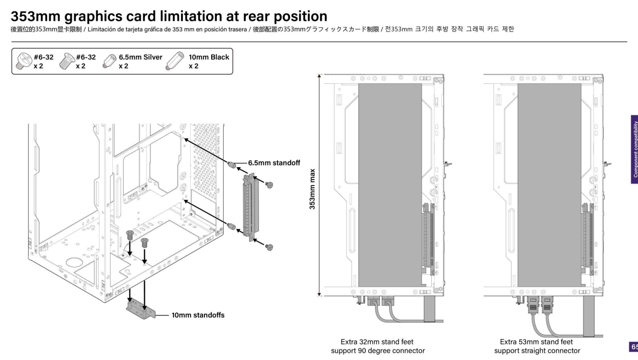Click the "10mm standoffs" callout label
pos(198,315)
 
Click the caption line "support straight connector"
pos(537,351)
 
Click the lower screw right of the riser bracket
pos(269,247)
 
